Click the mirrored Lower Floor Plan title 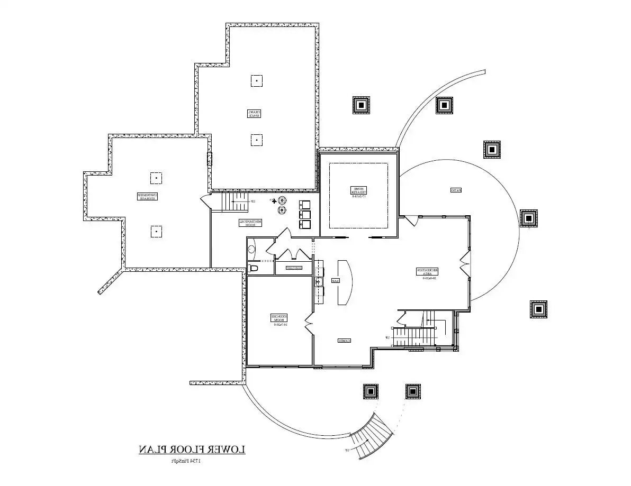[192, 450]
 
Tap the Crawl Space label [255, 113]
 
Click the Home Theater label [358, 191]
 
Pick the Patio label [454, 190]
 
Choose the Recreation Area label [427, 272]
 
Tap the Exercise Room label [279, 319]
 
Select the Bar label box [335, 281]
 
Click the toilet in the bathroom [253, 268]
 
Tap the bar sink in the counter [319, 280]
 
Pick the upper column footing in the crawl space [256, 81]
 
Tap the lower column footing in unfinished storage [156, 232]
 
